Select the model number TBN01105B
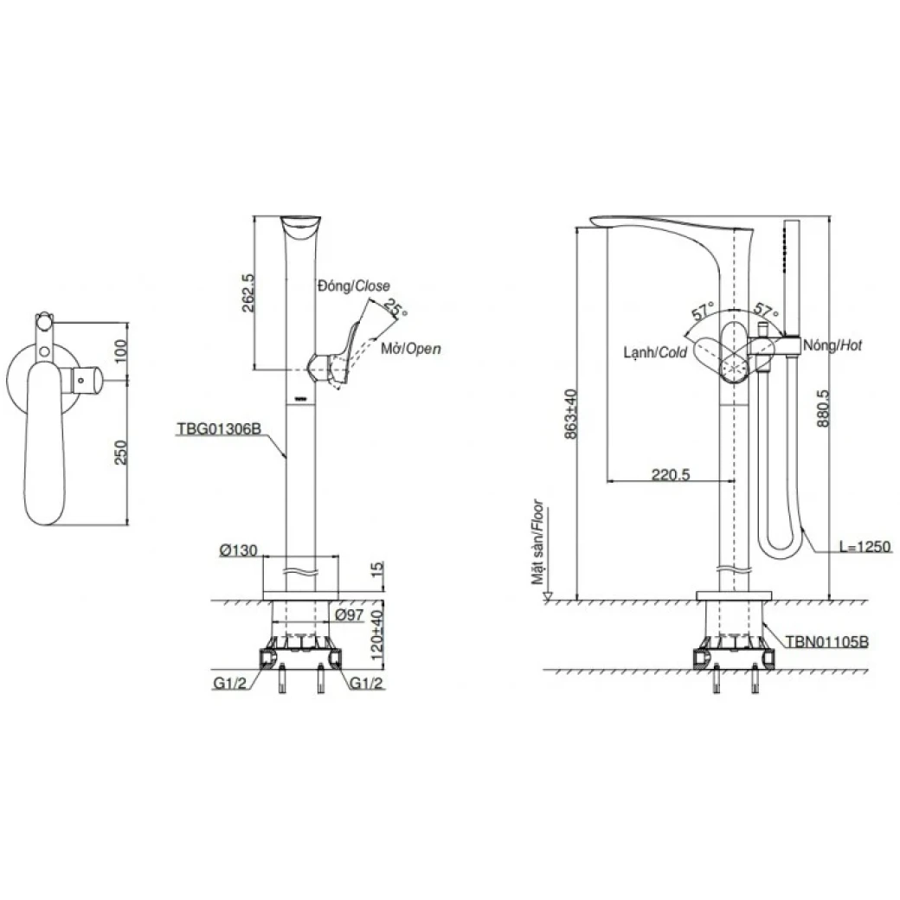[826, 642]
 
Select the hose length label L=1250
[864, 548]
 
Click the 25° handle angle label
[395, 309]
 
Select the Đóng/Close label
[353, 285]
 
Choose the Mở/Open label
[411, 349]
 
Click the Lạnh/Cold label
[654, 353]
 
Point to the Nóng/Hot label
[832, 344]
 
